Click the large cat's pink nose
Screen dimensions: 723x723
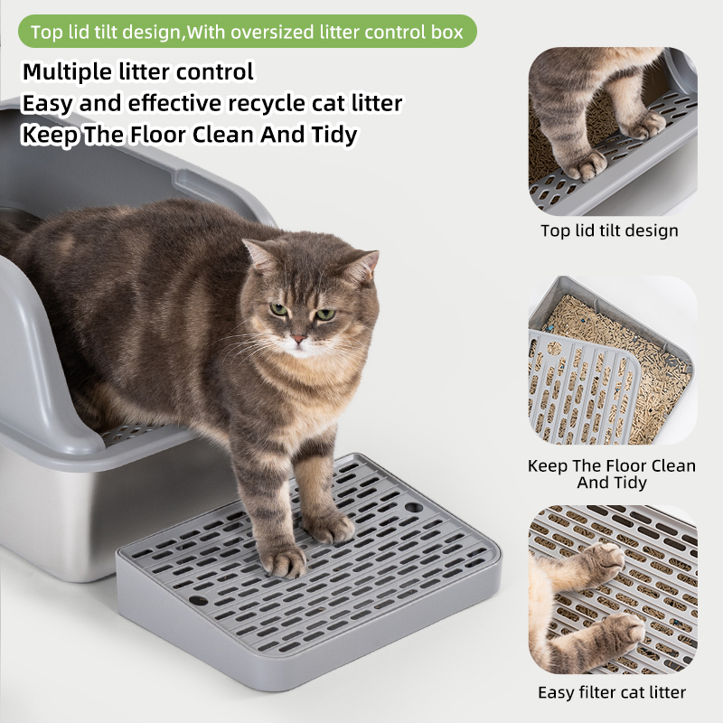tap(297, 340)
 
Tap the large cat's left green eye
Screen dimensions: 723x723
tap(279, 309)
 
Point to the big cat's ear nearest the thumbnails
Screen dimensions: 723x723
tap(363, 267)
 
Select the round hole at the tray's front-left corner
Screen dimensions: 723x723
tap(197, 599)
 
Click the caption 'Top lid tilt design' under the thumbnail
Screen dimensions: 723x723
tap(609, 230)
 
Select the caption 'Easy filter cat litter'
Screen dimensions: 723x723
tap(611, 692)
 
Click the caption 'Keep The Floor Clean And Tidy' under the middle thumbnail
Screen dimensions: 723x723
tap(612, 474)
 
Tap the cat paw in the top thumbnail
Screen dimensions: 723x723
tap(584, 164)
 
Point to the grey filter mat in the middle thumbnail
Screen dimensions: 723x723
tap(578, 389)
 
